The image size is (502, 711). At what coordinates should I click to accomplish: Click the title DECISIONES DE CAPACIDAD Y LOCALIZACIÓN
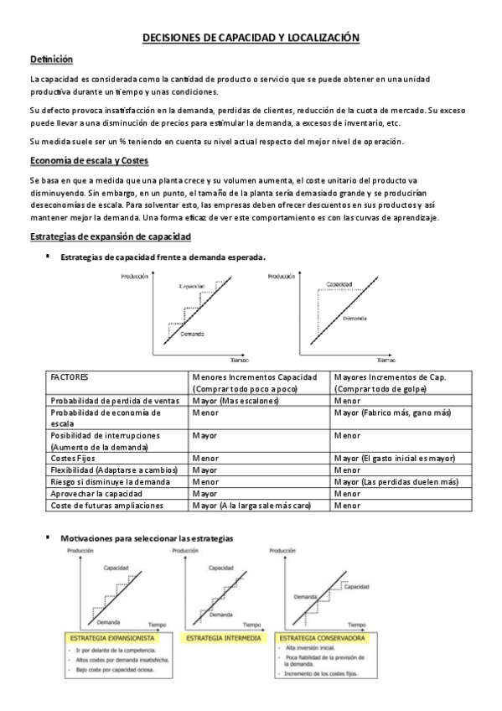[251, 38]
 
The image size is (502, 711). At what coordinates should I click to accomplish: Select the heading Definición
[51, 60]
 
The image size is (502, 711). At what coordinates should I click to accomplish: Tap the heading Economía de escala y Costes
[89, 161]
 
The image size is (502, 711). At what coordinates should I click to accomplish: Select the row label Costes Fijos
[73, 459]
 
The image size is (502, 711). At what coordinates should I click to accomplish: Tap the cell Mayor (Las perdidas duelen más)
[396, 482]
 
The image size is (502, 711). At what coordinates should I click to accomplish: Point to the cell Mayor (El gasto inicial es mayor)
[394, 459]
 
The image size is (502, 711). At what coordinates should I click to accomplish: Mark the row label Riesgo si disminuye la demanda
[112, 482]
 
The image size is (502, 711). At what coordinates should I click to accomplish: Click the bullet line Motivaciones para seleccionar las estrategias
[147, 537]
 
